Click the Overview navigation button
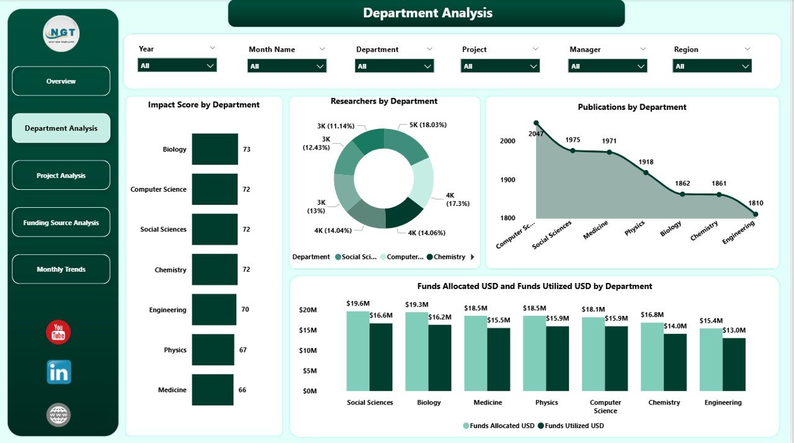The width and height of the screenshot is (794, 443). (61, 81)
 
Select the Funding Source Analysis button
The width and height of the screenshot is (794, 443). (61, 223)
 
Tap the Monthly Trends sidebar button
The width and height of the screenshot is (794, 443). (61, 269)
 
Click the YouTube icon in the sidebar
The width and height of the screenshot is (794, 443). (58, 333)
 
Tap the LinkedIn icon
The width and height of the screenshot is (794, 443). (59, 372)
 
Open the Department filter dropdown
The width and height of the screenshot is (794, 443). (394, 66)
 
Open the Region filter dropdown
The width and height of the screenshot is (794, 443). (711, 66)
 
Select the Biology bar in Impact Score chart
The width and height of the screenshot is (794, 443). (215, 149)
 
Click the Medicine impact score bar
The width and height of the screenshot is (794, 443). (212, 390)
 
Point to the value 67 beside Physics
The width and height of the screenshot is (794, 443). (243, 350)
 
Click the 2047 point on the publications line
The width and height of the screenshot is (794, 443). (536, 123)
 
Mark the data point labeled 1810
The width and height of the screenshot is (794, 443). (755, 214)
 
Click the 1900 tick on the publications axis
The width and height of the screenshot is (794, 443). (508, 180)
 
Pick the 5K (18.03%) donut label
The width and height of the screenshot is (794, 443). (427, 125)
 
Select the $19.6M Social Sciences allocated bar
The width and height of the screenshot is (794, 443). (358, 351)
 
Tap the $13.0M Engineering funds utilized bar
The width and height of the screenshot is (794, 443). (734, 364)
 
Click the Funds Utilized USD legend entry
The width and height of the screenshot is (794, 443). (571, 426)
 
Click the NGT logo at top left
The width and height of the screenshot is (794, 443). (61, 34)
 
